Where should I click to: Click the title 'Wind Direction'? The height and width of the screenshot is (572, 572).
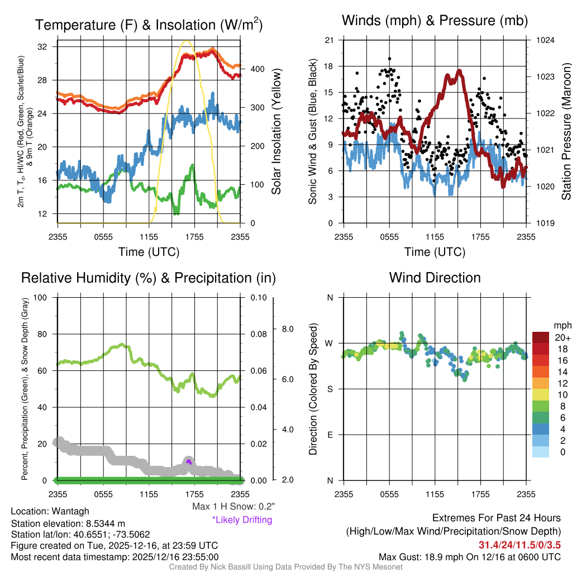click(435, 278)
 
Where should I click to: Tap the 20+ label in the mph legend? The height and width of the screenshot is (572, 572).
click(562, 337)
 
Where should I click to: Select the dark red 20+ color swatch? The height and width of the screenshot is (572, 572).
click(541, 337)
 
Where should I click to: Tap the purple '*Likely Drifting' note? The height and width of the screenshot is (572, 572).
click(242, 519)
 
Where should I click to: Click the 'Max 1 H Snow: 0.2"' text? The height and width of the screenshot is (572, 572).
click(233, 507)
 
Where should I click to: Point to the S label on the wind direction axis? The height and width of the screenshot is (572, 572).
click(330, 389)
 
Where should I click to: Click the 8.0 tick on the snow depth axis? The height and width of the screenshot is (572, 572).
click(287, 329)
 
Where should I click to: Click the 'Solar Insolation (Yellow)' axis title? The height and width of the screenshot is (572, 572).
click(277, 132)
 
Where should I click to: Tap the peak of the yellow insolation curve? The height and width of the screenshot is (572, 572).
click(187, 41)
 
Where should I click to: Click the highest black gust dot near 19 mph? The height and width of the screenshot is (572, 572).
click(389, 58)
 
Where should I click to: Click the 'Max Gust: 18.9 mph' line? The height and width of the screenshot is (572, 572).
click(469, 556)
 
